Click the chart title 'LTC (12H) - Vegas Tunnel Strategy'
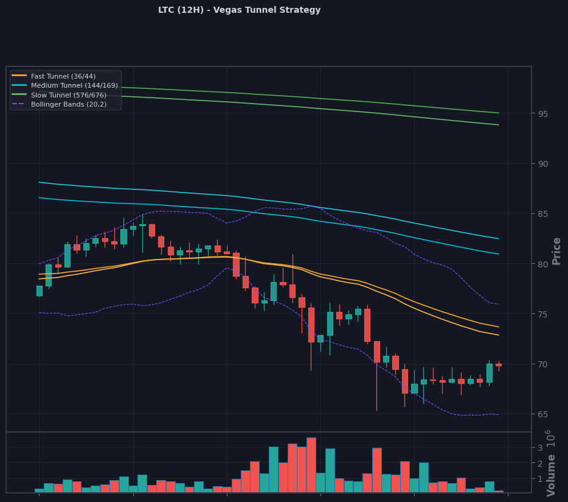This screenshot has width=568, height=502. tap(239, 10)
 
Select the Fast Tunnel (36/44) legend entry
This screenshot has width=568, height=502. tap(54, 76)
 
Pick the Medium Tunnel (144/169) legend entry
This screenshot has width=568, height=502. tap(64, 85)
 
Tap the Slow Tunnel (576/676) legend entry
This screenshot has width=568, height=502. tap(59, 95)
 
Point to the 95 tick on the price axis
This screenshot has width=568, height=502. tap(542, 114)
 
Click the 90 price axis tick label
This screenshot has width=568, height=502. tap(542, 164)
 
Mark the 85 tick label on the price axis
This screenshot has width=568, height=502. tap(542, 214)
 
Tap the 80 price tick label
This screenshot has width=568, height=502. tap(542, 264)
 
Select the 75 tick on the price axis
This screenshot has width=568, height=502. tap(542, 314)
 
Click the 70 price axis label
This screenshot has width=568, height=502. tap(542, 364)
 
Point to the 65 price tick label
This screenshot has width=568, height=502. tap(542, 414)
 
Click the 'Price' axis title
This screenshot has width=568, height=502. tap(556, 251)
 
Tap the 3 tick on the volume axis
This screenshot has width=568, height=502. tap(540, 448)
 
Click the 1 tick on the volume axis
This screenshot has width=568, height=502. tap(540, 479)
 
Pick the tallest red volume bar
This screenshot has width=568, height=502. tap(311, 465)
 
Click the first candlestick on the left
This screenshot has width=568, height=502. tap(40, 291)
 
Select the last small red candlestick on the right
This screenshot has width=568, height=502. tap(499, 366)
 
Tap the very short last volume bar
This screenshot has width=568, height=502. tap(499, 492)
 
